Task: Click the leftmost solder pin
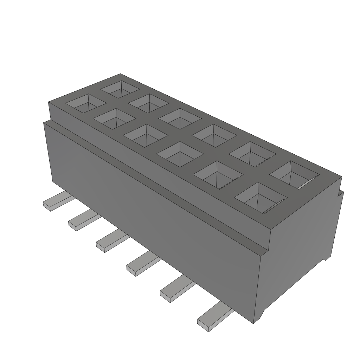56,202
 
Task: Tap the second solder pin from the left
83,221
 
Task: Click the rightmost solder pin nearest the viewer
214,318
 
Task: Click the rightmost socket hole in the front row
260,198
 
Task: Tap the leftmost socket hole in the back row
121,89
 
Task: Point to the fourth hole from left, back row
214,134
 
